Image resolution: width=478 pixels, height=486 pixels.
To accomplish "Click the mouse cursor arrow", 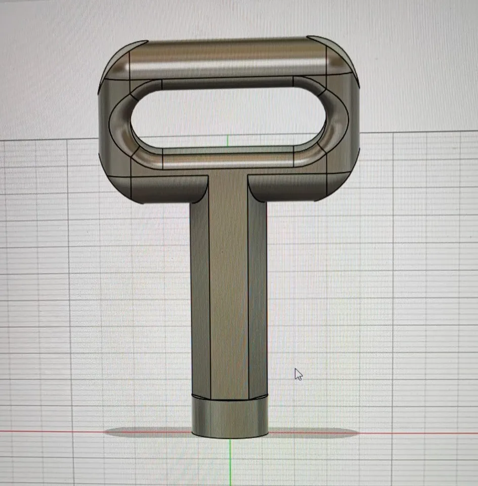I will tap(298, 374).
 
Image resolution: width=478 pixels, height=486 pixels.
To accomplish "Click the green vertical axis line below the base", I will tap(230, 461).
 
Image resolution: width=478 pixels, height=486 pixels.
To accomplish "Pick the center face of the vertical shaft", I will tap(229, 289).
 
